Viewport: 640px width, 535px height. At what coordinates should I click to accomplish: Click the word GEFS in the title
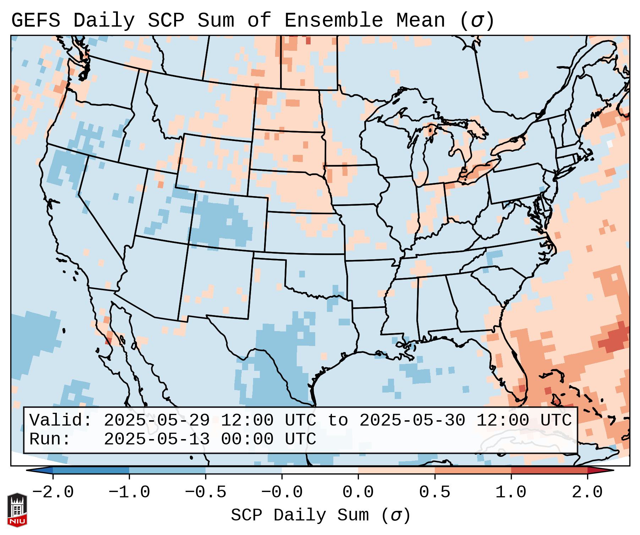(35, 21)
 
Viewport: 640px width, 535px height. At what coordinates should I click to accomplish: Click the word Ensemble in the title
(333, 21)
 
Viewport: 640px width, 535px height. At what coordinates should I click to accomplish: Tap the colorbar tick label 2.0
(587, 492)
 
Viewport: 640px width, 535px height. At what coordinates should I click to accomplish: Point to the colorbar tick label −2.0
(53, 492)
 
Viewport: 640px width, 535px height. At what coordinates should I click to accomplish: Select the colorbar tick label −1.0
(129, 492)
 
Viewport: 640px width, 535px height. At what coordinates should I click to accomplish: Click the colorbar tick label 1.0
(511, 492)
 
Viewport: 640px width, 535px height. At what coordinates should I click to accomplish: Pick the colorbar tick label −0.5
(206, 492)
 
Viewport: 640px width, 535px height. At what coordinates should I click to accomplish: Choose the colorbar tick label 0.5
(434, 492)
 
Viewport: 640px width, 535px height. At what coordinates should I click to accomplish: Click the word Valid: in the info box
(61, 421)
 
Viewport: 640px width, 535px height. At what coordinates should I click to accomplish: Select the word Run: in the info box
(50, 439)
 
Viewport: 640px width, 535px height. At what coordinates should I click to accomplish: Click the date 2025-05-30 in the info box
(412, 421)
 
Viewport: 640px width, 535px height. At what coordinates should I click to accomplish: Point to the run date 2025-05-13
(157, 439)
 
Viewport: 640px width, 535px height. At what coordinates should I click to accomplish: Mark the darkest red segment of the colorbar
(549, 470)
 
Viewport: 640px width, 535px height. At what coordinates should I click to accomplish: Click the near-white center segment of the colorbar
(320, 470)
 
